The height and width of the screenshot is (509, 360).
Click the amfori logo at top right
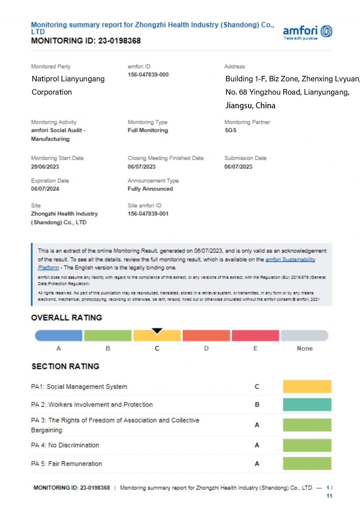click(x=307, y=32)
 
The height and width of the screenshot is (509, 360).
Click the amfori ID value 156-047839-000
click(x=148, y=74)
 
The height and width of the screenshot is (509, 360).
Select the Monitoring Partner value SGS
click(x=230, y=130)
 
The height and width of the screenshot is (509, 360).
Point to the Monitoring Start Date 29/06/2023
click(x=45, y=167)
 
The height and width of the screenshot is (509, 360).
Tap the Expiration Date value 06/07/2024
click(x=45, y=188)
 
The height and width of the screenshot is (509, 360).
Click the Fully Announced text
click(x=150, y=188)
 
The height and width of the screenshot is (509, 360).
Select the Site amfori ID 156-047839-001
click(x=148, y=214)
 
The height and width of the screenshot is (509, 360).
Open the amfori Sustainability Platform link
click(x=290, y=259)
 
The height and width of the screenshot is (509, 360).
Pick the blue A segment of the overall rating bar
click(x=59, y=336)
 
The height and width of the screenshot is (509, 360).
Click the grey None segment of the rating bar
click(x=305, y=336)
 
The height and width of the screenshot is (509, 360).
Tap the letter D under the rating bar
click(x=206, y=348)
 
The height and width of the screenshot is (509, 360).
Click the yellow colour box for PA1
click(x=307, y=386)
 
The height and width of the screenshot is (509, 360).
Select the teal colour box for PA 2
click(x=307, y=404)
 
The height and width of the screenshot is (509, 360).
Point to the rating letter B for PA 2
click(x=257, y=405)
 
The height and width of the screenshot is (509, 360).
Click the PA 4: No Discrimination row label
click(x=65, y=445)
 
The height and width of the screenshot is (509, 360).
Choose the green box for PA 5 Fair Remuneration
click(x=307, y=463)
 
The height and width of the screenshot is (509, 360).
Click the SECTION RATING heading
click(x=66, y=366)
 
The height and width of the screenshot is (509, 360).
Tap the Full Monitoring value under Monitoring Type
click(x=148, y=130)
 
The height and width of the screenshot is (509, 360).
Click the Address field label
click(x=234, y=67)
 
